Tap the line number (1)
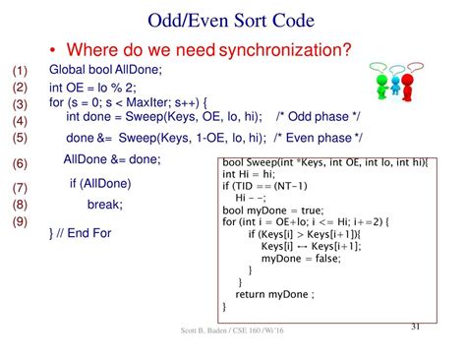point(21,72)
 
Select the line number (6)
point(21,163)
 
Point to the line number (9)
point(21,222)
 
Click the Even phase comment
point(317,138)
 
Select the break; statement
point(104,205)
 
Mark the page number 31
point(414,326)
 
